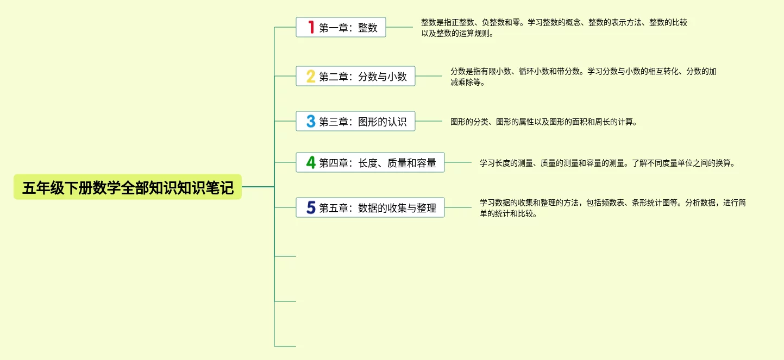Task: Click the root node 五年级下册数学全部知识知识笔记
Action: (x=128, y=187)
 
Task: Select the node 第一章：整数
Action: (x=348, y=27)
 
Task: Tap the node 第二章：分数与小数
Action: (x=362, y=77)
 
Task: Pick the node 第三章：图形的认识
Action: (x=362, y=121)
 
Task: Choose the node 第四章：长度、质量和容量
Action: (x=377, y=162)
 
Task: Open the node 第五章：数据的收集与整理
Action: (x=377, y=207)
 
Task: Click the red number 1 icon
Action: (x=311, y=27)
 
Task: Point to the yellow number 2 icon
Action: (x=311, y=77)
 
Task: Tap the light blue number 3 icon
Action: (x=311, y=121)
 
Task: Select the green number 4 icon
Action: (x=311, y=162)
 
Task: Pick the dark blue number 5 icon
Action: (x=311, y=207)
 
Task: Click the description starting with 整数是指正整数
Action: (x=554, y=28)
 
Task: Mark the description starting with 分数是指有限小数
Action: (x=584, y=77)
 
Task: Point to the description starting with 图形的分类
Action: (x=543, y=122)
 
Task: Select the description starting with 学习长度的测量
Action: (x=607, y=163)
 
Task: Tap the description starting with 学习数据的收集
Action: (x=612, y=208)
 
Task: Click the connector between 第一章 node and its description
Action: (x=399, y=27)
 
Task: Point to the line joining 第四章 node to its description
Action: (x=458, y=162)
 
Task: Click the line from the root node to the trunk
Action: (x=258, y=187)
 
